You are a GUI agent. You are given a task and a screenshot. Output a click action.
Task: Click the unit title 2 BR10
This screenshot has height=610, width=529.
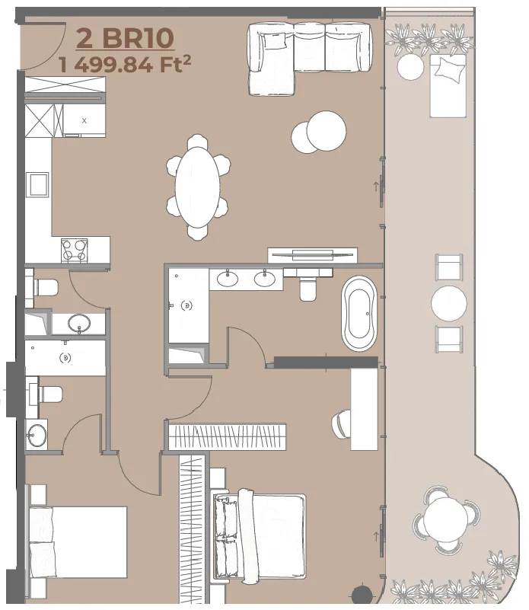(125, 38)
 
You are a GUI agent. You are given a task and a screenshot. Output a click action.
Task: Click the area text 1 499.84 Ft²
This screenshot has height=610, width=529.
(125, 64)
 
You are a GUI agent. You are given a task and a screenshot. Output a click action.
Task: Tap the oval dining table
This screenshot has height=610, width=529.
(197, 187)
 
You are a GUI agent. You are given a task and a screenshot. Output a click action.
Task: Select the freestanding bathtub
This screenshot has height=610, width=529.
(359, 314)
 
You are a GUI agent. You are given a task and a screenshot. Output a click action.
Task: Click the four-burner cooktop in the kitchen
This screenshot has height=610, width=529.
(75, 250)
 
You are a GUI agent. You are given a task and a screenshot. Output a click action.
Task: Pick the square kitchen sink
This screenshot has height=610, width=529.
(37, 185)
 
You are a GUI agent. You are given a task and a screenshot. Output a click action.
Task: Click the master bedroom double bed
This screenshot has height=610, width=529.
(259, 535)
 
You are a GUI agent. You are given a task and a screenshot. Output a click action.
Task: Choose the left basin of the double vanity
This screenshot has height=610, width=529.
(227, 279)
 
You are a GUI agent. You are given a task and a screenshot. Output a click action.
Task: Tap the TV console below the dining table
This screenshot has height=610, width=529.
(312, 255)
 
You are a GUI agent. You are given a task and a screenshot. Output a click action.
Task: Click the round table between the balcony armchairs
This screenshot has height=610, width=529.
(449, 303)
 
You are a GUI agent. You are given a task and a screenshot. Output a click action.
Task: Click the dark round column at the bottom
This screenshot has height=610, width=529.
(362, 594)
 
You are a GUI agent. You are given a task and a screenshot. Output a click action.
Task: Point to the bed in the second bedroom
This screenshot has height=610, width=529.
(78, 542)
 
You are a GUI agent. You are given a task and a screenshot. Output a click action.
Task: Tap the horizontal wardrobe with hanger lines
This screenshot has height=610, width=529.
(227, 437)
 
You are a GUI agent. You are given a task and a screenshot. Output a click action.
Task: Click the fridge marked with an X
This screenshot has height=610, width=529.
(84, 120)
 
